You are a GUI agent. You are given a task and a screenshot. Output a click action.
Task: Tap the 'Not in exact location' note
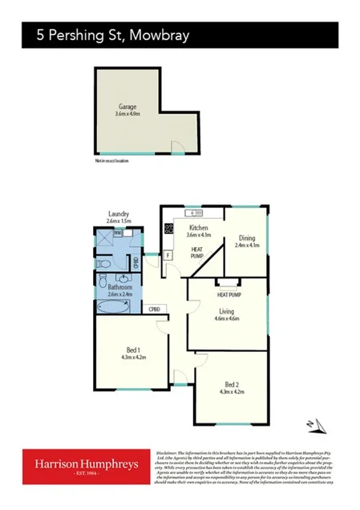(x=111, y=160)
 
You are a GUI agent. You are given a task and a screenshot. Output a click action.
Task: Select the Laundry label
(x=118, y=215)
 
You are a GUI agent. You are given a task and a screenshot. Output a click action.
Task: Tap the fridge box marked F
(x=168, y=255)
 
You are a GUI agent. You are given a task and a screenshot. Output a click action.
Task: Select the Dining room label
(x=245, y=237)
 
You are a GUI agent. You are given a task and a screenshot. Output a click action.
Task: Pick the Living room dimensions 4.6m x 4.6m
(x=228, y=318)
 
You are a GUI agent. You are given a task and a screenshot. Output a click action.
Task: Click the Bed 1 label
(x=134, y=349)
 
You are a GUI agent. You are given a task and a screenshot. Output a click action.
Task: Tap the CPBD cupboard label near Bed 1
(x=155, y=309)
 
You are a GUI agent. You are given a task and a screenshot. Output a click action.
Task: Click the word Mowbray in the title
(x=160, y=36)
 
